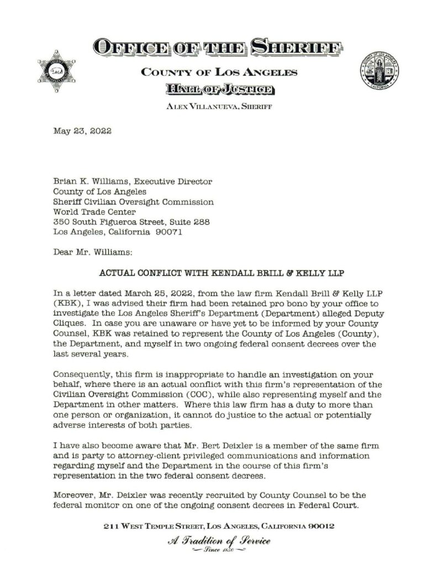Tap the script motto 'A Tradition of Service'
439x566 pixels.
click(219, 541)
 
